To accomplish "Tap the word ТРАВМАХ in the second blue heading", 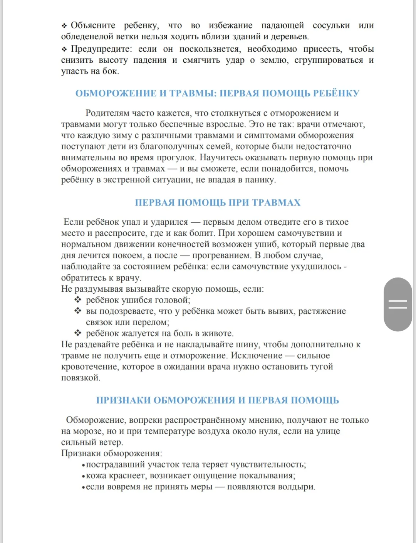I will [x=276, y=203].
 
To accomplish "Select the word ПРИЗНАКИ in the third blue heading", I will [x=123, y=400].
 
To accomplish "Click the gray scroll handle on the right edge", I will [x=398, y=304].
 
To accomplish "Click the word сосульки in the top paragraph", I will [x=331, y=25].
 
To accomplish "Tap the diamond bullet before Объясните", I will [x=64, y=26].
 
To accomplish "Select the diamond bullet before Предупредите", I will [x=64, y=49].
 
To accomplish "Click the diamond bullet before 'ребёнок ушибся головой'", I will [x=78, y=300].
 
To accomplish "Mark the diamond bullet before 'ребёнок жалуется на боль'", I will [x=78, y=333].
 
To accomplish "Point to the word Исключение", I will [x=257, y=356].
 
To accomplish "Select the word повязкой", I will [x=80, y=378].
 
